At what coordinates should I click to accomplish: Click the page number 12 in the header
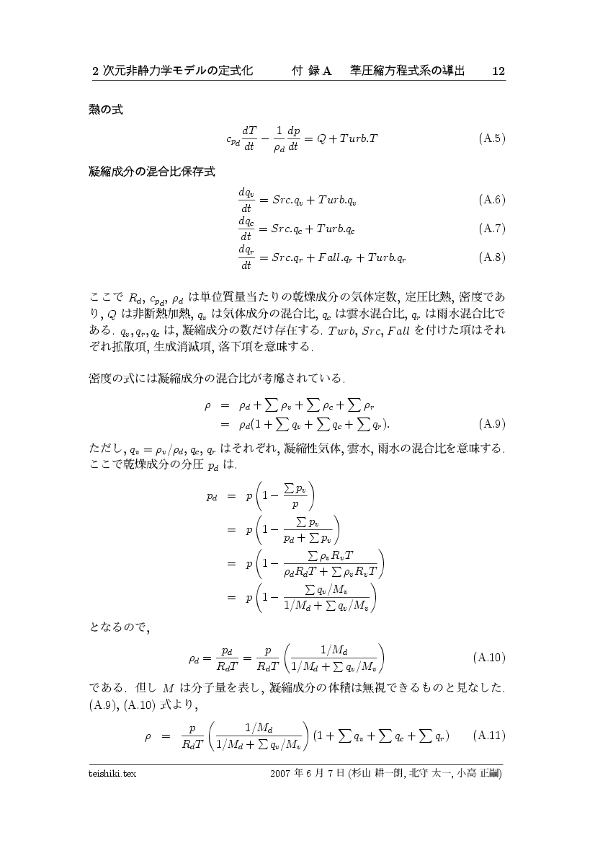[x=498, y=71]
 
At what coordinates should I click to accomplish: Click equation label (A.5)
[x=491, y=138]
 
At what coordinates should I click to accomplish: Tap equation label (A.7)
[x=491, y=229]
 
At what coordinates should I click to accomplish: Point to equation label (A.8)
[x=491, y=257]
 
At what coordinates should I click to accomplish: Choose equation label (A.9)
[x=491, y=423]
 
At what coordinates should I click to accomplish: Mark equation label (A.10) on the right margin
[x=489, y=658]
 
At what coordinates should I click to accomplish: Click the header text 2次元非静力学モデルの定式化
[x=172, y=71]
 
